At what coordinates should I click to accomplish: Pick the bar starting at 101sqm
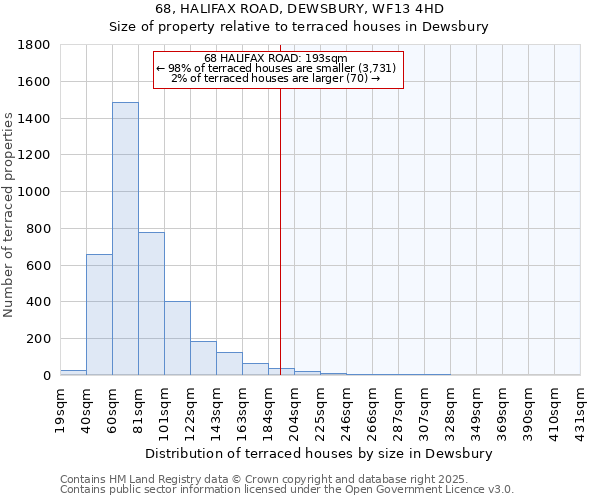point(177,338)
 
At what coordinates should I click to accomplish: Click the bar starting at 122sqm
point(203,358)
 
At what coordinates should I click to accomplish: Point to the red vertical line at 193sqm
point(280,230)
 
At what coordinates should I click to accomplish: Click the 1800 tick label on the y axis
point(35,45)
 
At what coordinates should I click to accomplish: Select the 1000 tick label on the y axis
point(35,192)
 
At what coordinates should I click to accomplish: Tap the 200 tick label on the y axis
point(39,339)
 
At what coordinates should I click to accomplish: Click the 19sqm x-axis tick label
point(61,408)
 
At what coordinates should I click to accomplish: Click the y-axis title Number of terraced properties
point(9,215)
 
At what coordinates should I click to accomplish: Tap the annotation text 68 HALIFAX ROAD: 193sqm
point(275,58)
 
